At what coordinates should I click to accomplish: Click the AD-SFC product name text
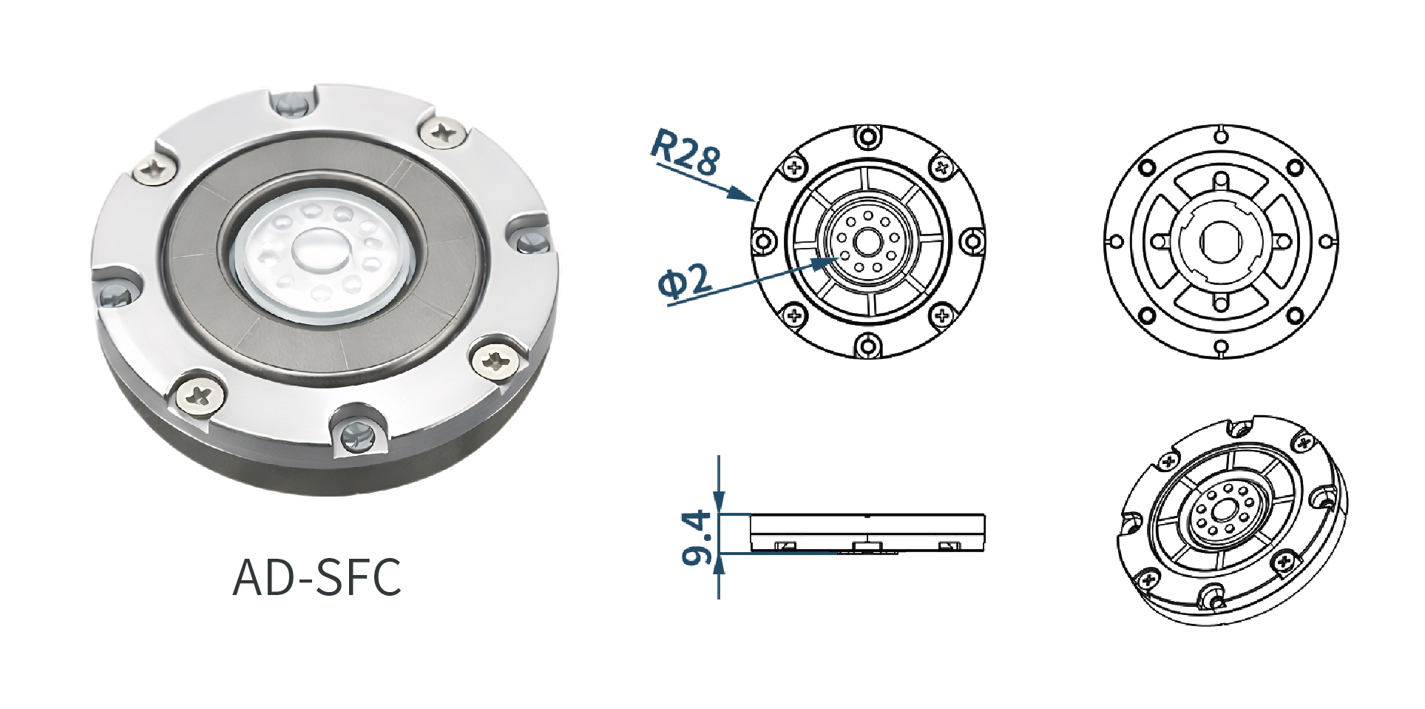[x=317, y=577]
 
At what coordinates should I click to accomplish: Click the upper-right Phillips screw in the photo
[x=444, y=133]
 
